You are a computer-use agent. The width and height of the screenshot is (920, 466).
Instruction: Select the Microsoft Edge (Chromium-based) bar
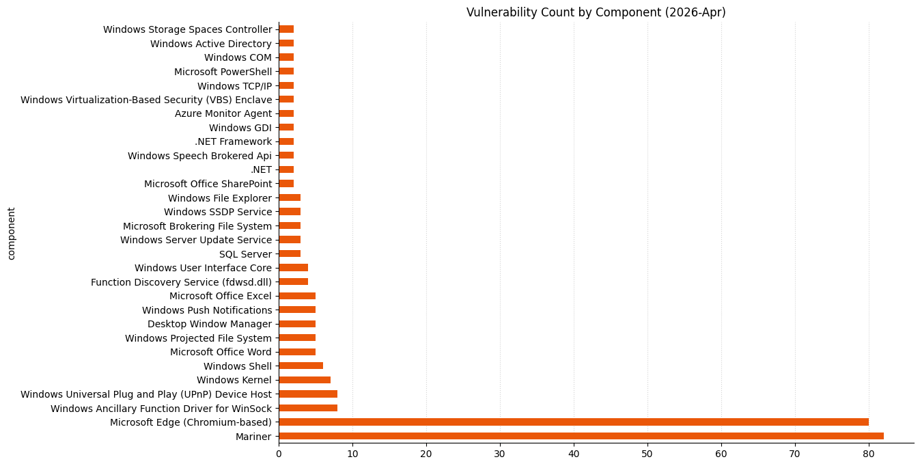pyautogui.click(x=574, y=422)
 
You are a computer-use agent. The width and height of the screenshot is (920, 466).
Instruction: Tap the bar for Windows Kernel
pyautogui.click(x=305, y=380)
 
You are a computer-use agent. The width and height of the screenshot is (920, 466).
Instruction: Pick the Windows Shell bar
pyautogui.click(x=301, y=366)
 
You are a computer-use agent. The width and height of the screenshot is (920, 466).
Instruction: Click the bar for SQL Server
pyautogui.click(x=290, y=254)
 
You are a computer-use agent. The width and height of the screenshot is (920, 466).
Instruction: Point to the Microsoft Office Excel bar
pyautogui.click(x=297, y=296)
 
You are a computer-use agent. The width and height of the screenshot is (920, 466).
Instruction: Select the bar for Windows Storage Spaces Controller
pyautogui.click(x=286, y=29)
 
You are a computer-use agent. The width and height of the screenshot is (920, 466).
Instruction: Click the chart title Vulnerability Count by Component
pyautogui.click(x=596, y=12)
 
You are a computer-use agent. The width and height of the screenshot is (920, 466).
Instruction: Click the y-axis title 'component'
pyautogui.click(x=11, y=233)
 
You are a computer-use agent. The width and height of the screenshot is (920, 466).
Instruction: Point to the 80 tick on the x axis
pyautogui.click(x=869, y=453)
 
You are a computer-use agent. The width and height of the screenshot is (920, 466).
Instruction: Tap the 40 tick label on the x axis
pyautogui.click(x=574, y=453)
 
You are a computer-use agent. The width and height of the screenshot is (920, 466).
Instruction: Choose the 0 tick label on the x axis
pyautogui.click(x=279, y=453)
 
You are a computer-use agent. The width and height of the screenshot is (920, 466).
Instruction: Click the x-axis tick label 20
pyautogui.click(x=426, y=453)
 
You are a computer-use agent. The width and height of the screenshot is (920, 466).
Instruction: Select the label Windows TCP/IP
pyautogui.click(x=234, y=86)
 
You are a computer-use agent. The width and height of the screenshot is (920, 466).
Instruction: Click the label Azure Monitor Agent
pyautogui.click(x=223, y=113)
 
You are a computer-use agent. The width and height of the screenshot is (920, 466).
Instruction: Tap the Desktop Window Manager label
pyautogui.click(x=209, y=324)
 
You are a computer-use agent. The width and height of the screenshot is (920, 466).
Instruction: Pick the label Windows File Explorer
pyautogui.click(x=219, y=198)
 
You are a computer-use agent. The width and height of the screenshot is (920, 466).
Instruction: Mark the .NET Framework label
pyautogui.click(x=233, y=142)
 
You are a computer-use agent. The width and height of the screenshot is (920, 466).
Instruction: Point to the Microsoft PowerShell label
pyautogui.click(x=223, y=72)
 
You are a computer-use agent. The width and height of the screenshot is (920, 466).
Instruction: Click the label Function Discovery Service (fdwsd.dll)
pyautogui.click(x=181, y=282)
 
